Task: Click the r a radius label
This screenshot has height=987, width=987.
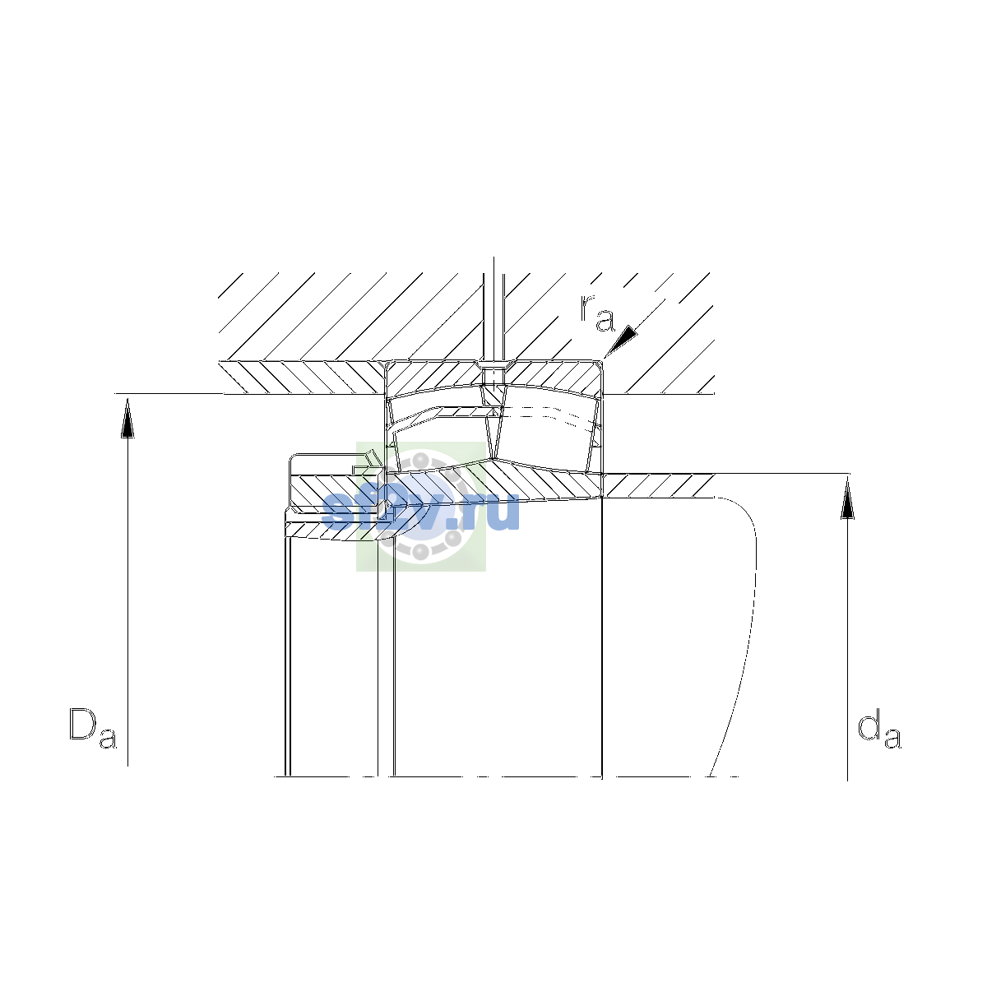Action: tap(597, 313)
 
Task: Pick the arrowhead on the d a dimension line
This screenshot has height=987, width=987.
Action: tap(848, 499)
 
